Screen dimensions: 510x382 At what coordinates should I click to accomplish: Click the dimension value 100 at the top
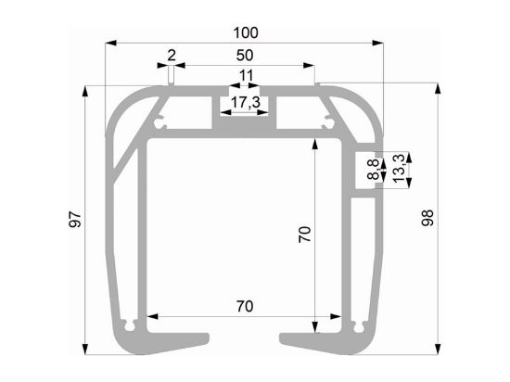point(246,32)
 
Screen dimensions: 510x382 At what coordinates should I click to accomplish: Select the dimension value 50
point(245,56)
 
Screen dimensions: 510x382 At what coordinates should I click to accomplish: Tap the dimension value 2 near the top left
point(172,56)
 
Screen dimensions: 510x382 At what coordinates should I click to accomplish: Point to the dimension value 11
point(246,76)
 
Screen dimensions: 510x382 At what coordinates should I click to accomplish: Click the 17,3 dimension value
point(246,102)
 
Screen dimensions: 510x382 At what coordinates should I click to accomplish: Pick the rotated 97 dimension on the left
point(75,219)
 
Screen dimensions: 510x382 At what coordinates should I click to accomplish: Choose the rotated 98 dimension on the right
point(427,218)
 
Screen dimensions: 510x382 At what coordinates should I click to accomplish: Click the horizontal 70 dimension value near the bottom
point(245,306)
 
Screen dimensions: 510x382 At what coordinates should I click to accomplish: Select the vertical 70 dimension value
point(305,235)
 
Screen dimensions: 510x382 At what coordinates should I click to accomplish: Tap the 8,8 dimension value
point(374,169)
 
